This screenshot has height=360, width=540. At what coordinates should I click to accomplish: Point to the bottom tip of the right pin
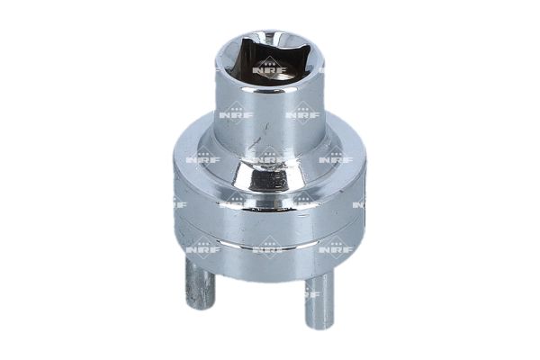click(318, 324)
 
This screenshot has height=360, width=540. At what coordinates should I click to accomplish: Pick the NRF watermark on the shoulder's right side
click(335, 159)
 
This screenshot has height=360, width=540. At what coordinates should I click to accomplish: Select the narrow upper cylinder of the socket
click(268, 117)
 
